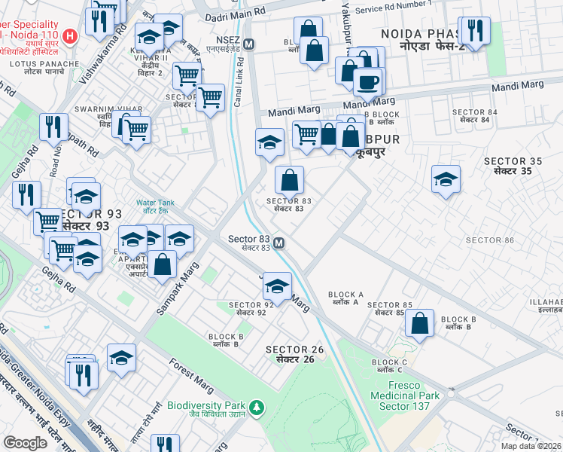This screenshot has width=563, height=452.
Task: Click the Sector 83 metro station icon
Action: (x=279, y=243)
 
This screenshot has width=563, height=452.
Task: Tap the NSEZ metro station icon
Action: (x=248, y=44)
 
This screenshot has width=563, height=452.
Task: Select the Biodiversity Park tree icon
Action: (x=257, y=408)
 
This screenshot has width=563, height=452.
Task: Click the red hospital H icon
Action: (x=69, y=35)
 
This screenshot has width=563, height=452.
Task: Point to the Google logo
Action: (x=25, y=443)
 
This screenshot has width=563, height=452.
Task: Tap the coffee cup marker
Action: (x=368, y=82)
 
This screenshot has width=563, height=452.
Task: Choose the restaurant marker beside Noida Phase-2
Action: (x=473, y=30)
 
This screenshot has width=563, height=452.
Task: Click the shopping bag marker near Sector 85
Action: (x=420, y=322)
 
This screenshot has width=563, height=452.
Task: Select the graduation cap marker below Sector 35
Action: (x=446, y=179)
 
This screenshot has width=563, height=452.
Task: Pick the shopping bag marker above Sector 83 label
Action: (x=289, y=181)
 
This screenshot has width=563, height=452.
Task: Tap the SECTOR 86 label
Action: (x=489, y=240)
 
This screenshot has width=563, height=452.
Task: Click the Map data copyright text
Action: (x=531, y=446)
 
